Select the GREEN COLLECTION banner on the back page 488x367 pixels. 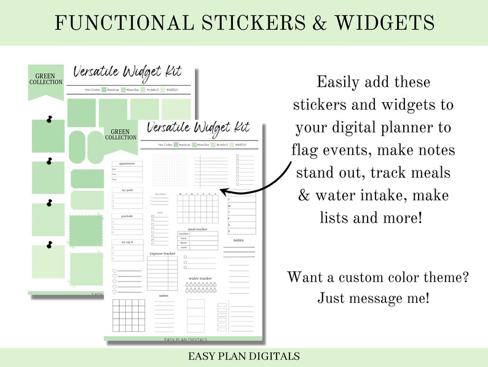coord(45,80)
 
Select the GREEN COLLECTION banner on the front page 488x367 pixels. coord(120,135)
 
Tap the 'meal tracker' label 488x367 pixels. coord(198,229)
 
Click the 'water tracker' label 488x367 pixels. coord(201,278)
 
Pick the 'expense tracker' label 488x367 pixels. coord(162,253)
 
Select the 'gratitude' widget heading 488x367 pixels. coord(127,216)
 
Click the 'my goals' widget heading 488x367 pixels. coord(127,190)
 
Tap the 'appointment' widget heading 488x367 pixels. coord(127,164)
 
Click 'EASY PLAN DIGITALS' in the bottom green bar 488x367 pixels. coord(244,356)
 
